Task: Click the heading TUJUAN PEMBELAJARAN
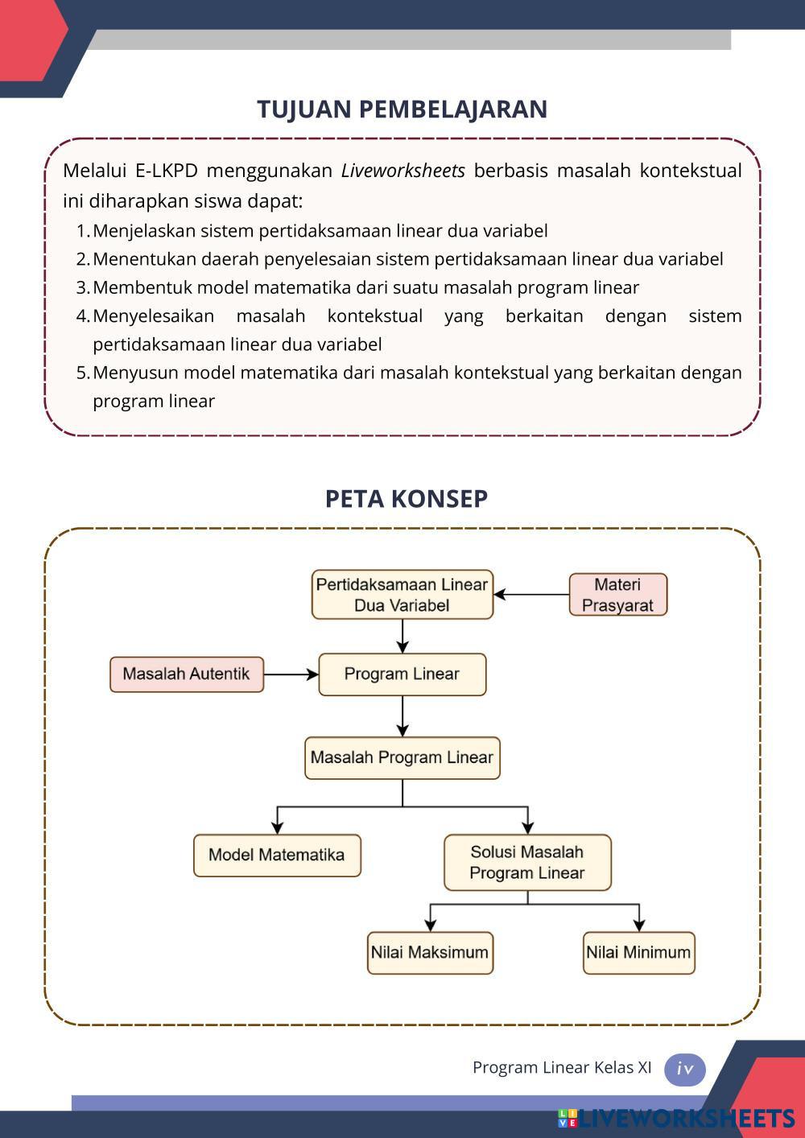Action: click(402, 109)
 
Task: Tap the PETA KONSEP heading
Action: click(406, 498)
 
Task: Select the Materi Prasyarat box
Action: click(617, 595)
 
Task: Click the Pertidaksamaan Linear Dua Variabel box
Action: click(402, 595)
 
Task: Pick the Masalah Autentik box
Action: click(186, 674)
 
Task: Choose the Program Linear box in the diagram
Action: click(402, 674)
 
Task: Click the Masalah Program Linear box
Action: click(402, 758)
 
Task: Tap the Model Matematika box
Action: click(276, 855)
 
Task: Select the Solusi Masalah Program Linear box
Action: click(527, 862)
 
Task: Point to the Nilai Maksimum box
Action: click(430, 953)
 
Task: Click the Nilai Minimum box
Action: click(638, 953)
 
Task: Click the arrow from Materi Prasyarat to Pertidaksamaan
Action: click(531, 595)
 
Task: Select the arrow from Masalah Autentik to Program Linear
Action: click(291, 674)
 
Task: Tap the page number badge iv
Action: click(685, 1070)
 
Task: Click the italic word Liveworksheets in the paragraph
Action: click(402, 171)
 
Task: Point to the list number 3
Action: click(82, 287)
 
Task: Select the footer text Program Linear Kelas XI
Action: click(562, 1068)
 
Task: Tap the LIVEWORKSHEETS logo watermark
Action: click(676, 1119)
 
